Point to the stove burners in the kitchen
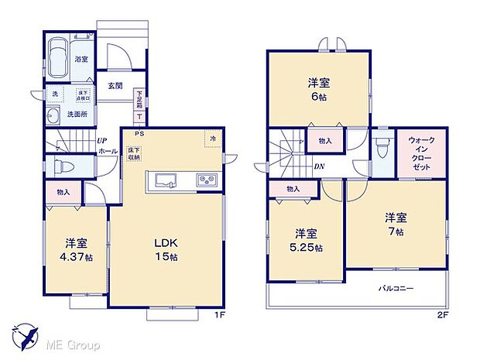pyautogui.click(x=207, y=180)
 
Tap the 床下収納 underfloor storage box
pyautogui.click(x=134, y=153)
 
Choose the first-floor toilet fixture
pyautogui.click(x=62, y=166)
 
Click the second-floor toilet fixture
pyautogui.click(x=381, y=146)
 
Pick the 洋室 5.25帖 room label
pyautogui.click(x=307, y=240)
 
